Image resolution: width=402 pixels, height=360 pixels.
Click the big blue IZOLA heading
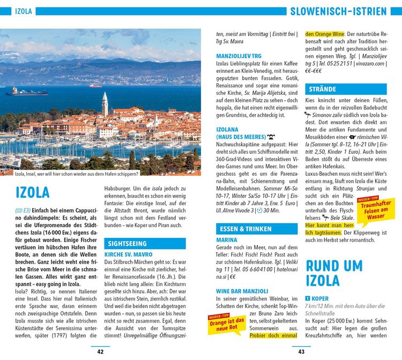point(33,192)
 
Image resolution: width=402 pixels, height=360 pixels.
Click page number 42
point(100,351)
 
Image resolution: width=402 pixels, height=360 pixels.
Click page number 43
point(301,351)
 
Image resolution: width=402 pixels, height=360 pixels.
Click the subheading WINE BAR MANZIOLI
point(242,290)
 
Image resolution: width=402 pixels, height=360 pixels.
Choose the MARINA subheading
point(227,240)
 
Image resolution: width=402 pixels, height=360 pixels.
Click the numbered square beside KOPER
point(308,298)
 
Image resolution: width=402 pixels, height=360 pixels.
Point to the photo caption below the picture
point(76,174)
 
